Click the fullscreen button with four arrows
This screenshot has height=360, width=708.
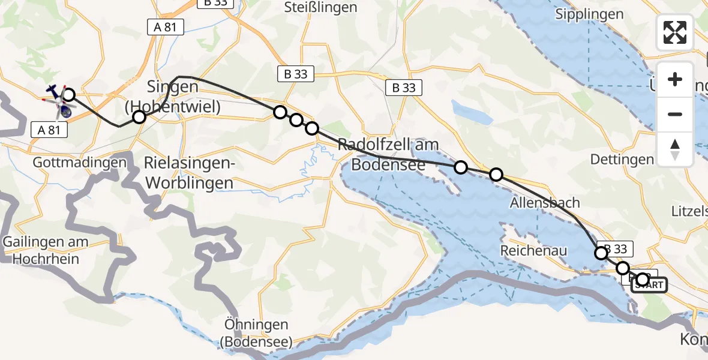tap(675, 32)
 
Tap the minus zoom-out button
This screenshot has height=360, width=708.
tap(675, 114)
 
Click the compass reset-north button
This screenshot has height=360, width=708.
tap(675, 149)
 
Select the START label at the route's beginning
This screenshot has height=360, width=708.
tap(649, 286)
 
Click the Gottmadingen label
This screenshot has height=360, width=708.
tap(80, 162)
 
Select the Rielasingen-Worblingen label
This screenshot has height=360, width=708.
tap(188, 172)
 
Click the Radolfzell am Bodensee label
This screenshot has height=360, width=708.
tap(388, 154)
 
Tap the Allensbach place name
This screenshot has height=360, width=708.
tap(544, 202)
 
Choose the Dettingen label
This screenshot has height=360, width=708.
tap(622, 159)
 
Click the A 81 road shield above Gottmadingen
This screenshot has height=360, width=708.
tap(48, 129)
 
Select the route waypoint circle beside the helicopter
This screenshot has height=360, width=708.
tap(69, 95)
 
